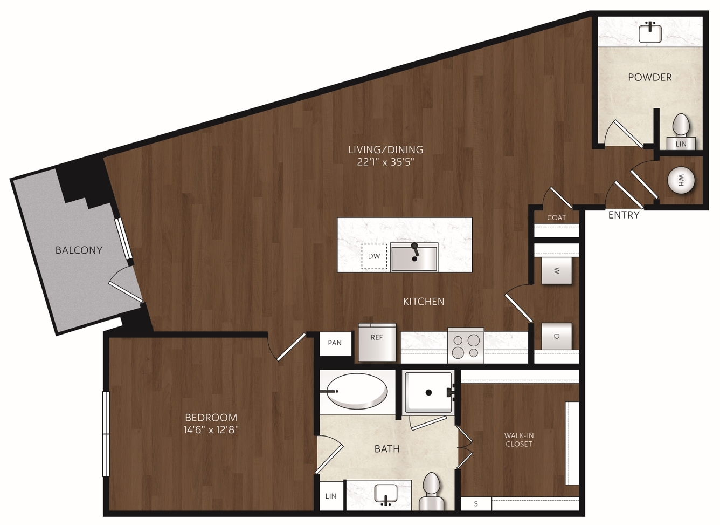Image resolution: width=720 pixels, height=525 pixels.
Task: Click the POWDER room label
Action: (649, 77)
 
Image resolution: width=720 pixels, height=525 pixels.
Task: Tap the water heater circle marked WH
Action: (681, 180)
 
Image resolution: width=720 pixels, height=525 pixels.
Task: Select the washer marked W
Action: (556, 270)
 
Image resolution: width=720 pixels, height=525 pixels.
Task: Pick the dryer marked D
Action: (556, 336)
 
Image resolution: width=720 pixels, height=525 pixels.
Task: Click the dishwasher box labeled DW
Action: (374, 256)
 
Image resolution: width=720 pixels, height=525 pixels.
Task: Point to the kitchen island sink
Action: (414, 257)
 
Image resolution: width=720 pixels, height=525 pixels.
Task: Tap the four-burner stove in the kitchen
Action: (466, 345)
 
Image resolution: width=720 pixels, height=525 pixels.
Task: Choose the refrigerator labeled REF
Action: (377, 342)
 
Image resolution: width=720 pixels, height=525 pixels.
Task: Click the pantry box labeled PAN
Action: (335, 343)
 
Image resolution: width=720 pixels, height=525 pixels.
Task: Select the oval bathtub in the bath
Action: (357, 391)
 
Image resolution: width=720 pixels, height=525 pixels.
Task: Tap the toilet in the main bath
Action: (431, 492)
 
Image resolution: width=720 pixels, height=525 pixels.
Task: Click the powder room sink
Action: (650, 33)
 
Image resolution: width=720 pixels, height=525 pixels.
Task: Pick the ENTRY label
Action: (624, 215)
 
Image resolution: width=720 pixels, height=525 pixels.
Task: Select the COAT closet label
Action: (556, 217)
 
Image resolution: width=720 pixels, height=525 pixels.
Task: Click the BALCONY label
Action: (79, 250)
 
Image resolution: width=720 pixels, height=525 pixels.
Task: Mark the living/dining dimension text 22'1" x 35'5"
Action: (385, 162)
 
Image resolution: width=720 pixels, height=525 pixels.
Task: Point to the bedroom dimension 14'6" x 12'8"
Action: (211, 429)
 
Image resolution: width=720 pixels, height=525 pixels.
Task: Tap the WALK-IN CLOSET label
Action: (519, 440)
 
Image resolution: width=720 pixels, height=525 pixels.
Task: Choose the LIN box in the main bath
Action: (331, 496)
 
